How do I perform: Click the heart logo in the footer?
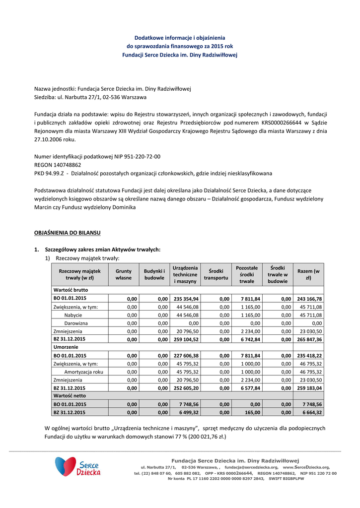[65, 466]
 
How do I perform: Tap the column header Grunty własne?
[124, 274]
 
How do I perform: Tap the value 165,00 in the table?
[252, 412]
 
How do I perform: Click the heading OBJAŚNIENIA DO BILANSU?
[67, 232]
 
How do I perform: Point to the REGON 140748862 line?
[58, 165]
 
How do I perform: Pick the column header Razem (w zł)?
[308, 274]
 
